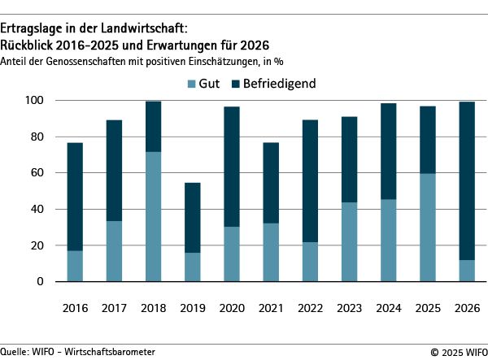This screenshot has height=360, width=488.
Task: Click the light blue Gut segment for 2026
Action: click(x=467, y=271)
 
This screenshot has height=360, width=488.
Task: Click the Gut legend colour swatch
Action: click(x=191, y=84)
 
